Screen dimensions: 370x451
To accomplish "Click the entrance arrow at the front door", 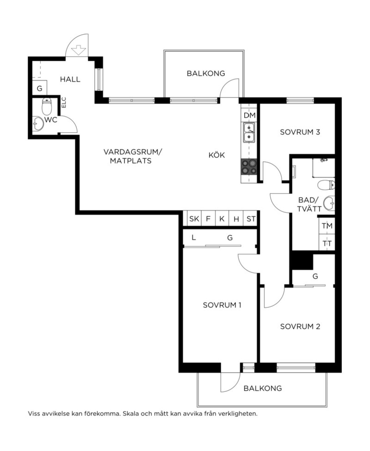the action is pos(79,50).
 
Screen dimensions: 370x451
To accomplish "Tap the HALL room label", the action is pos(70,79).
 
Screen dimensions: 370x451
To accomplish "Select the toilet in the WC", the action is pos(47,106).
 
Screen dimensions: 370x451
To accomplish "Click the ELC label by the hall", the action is pos(64,103).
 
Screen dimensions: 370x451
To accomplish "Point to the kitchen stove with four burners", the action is pos(249,167).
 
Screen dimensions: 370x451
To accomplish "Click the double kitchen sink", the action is pos(249,133).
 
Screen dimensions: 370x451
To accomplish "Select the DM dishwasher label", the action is pos(249,116).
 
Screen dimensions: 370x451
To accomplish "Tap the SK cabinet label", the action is pos(194,219).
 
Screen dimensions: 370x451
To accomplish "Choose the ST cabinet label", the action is pos(251,219).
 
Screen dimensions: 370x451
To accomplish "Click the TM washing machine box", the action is pos(327,226).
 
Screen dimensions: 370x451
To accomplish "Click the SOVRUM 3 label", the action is pos(300,132).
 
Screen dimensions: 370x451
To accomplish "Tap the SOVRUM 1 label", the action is pos(222,305).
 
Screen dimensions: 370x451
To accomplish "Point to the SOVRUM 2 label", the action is pos(300,326).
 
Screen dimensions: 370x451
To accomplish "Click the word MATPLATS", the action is pos(131,161).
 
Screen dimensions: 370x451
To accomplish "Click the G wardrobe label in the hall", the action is pos(39,88).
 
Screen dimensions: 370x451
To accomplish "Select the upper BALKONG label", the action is pos(206,74).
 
